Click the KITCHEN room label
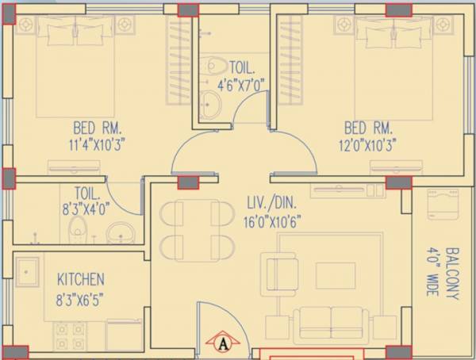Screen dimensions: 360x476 coord(80,279)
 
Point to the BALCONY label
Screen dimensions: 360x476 coord(452,273)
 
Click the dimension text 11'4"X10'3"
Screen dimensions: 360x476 coord(99,144)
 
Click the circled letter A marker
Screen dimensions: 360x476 coord(224,343)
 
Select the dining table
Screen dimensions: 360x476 coord(190,229)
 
